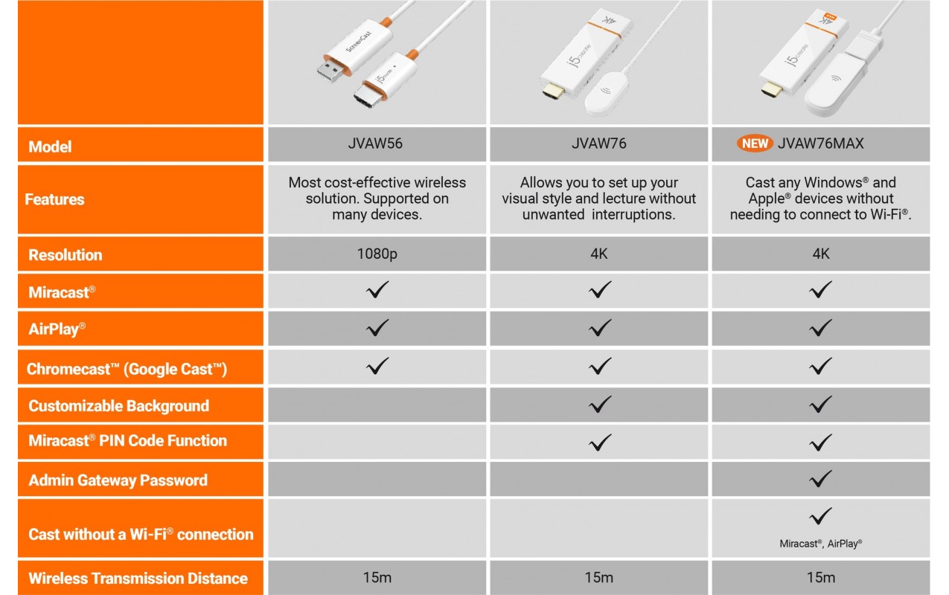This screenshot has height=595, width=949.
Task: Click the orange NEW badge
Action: pyautogui.click(x=755, y=144)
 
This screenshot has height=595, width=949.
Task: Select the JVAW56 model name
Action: pyautogui.click(x=375, y=144)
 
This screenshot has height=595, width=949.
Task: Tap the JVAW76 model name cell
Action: pyautogui.click(x=598, y=144)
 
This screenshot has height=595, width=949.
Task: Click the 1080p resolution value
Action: pyautogui.click(x=377, y=254)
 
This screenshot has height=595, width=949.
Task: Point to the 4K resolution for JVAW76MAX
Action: pyautogui.click(x=821, y=254)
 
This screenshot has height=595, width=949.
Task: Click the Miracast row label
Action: pyautogui.click(x=62, y=292)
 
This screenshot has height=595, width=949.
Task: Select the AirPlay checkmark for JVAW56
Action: pyautogui.click(x=377, y=328)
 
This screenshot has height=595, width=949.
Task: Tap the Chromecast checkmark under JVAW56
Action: pyautogui.click(x=377, y=366)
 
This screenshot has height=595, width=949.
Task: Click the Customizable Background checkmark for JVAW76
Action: pyautogui.click(x=599, y=405)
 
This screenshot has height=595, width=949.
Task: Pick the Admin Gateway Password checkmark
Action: pyautogui.click(x=821, y=479)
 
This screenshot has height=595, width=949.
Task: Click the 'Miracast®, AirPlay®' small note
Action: pyautogui.click(x=821, y=544)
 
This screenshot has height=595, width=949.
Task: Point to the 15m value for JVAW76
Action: pyautogui.click(x=598, y=577)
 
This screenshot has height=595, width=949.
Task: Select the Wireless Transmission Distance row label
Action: pyautogui.click(x=138, y=579)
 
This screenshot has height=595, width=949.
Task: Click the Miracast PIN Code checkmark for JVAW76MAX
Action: pyautogui.click(x=821, y=443)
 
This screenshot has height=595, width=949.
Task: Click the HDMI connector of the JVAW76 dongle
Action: pyautogui.click(x=553, y=92)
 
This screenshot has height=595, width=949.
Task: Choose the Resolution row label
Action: pyautogui.click(x=65, y=255)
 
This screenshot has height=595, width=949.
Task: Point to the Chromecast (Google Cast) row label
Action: pyautogui.click(x=127, y=369)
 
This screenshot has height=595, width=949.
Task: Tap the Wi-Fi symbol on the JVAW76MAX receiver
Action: pyautogui.click(x=835, y=78)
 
